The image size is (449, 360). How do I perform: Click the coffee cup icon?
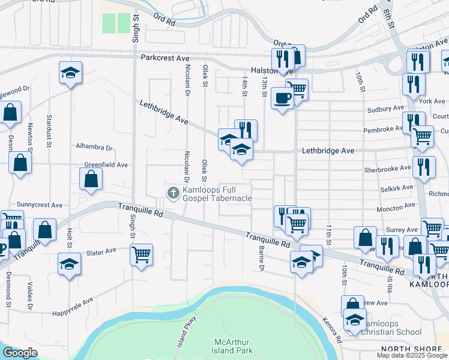click(282, 97)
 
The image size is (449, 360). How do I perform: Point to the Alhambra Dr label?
click(94, 147)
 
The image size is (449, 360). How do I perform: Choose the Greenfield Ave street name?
click(106, 164)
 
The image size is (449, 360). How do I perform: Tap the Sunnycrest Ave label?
click(40, 205)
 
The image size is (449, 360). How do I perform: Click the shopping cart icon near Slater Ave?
click(141, 253)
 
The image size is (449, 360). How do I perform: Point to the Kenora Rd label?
click(331, 330)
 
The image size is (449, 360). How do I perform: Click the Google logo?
click(20, 353)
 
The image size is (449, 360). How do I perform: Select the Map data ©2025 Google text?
click(412, 355)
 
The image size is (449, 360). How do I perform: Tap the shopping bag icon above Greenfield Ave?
click(91, 178)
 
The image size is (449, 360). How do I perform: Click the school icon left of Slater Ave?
click(69, 263)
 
